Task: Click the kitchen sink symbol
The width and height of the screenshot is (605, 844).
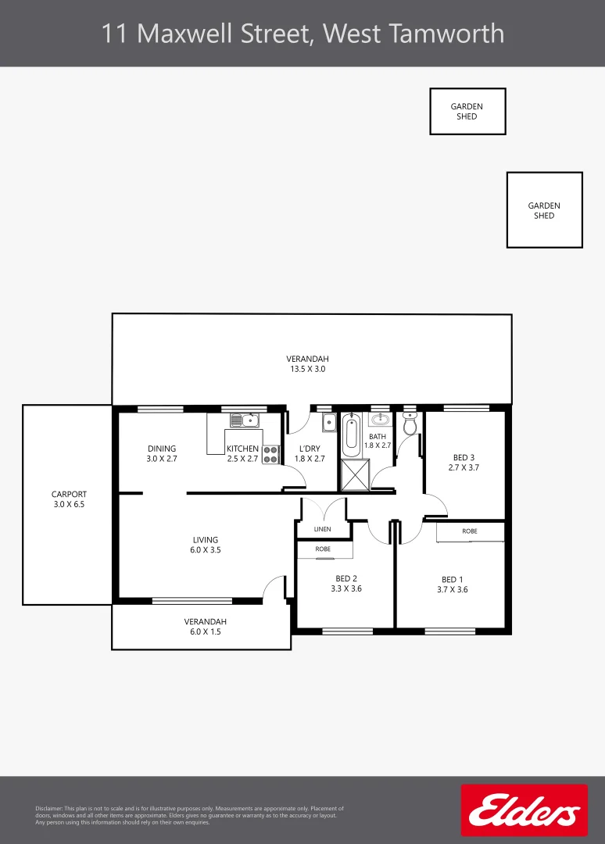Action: pyautogui.click(x=245, y=420)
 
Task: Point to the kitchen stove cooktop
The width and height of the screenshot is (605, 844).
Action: pyautogui.click(x=270, y=454)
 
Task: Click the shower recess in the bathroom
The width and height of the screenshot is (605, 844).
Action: pyautogui.click(x=356, y=474)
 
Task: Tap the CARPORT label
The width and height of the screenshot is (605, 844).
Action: pyautogui.click(x=69, y=495)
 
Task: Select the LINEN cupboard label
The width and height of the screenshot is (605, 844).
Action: pyautogui.click(x=323, y=529)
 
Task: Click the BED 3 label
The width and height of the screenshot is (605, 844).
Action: pyautogui.click(x=464, y=458)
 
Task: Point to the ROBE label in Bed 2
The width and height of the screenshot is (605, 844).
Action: pyautogui.click(x=323, y=549)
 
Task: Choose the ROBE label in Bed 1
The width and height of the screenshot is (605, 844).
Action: pyautogui.click(x=469, y=531)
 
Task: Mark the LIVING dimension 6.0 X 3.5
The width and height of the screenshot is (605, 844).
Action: pyautogui.click(x=206, y=550)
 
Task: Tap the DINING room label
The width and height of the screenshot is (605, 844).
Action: pyautogui.click(x=162, y=449)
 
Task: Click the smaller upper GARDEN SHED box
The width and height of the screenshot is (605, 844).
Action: pyautogui.click(x=467, y=111)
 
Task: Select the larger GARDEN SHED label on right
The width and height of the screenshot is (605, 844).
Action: pyautogui.click(x=544, y=210)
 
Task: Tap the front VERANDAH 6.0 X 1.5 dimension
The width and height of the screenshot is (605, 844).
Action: pyautogui.click(x=206, y=632)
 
